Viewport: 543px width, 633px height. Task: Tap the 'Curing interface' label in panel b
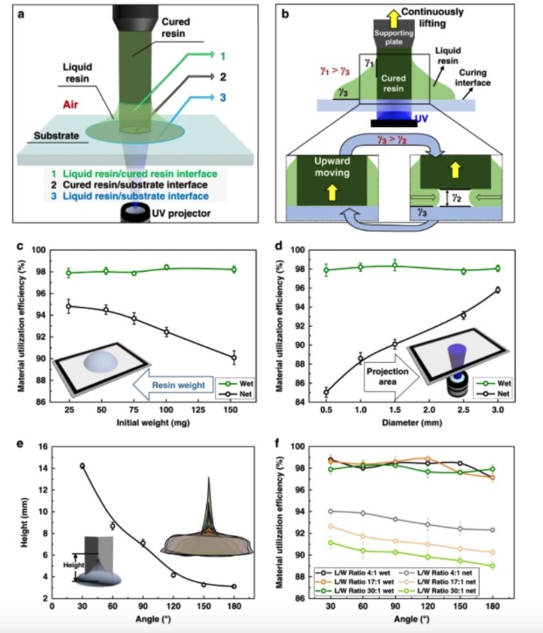(494, 82)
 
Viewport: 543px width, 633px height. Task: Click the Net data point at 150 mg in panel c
(232, 358)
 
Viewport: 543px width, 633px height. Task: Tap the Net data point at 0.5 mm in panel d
(325, 392)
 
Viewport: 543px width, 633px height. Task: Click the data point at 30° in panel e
(82, 466)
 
